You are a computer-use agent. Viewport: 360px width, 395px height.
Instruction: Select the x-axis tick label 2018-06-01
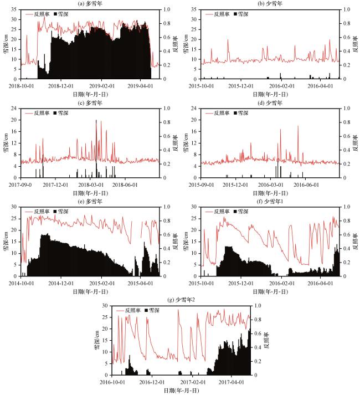tap(127, 184)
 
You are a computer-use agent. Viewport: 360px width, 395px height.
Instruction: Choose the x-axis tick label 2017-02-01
tap(196, 382)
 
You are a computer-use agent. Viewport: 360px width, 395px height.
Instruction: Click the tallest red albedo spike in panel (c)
tap(96, 120)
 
